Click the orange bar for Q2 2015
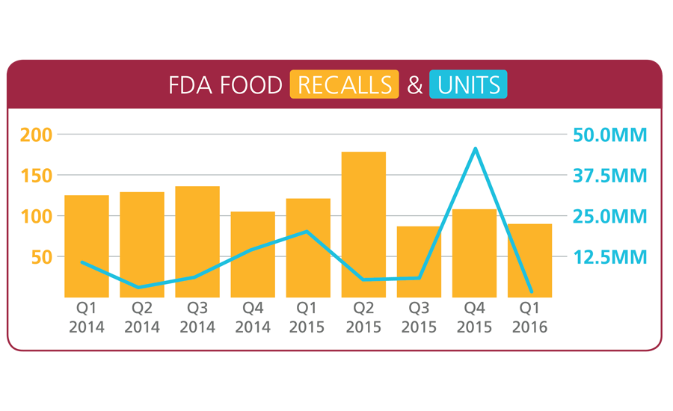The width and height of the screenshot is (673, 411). tap(363, 224)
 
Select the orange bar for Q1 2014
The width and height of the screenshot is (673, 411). tap(87, 246)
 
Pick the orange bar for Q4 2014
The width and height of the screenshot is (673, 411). tap(253, 254)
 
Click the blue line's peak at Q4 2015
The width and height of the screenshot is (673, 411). tap(475, 149)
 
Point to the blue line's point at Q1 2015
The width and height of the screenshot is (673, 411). tap(307, 232)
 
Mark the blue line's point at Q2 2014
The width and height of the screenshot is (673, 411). tap(141, 287)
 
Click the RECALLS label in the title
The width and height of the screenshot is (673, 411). tap(344, 85)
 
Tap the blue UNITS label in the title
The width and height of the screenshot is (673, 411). tap(469, 85)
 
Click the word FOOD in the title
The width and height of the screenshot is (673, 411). tap(255, 85)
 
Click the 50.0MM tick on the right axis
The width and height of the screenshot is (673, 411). tap(609, 135)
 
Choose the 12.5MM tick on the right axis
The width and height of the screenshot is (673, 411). tap(609, 257)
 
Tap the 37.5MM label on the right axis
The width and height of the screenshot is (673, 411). tap(609, 176)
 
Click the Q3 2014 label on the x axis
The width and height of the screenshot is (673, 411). tap(197, 317)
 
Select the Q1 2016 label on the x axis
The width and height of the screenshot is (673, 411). tap(529, 317)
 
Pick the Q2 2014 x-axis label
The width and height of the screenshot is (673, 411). tap(142, 317)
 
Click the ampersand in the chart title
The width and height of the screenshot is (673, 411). tap(414, 85)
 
